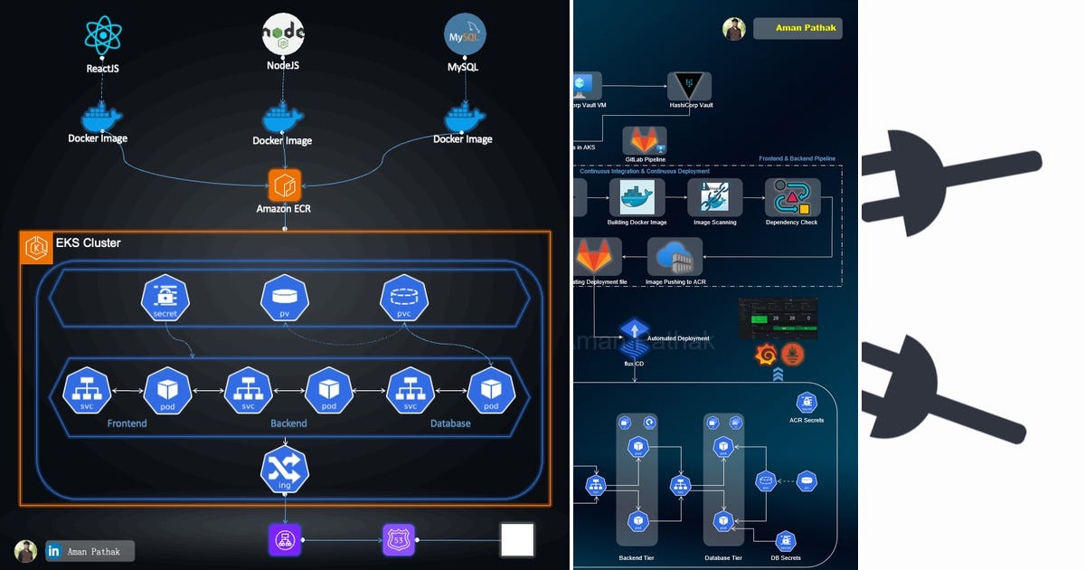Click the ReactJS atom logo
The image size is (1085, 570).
pos(102,35)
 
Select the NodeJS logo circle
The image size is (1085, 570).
pos(283,35)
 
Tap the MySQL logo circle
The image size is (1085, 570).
pos(465,33)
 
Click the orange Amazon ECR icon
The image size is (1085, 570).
pos(284,185)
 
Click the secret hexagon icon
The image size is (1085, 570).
pos(165,298)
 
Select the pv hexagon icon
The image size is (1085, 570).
pos(285,298)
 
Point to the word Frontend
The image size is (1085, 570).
pos(127,423)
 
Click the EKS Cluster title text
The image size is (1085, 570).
pos(88,242)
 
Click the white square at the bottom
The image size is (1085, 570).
pos(517,540)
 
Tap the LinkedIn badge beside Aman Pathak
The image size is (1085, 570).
pos(53,551)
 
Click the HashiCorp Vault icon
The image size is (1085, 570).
pos(690,86)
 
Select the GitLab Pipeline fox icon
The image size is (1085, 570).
pos(645,141)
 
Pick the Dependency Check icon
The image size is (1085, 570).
pos(792,197)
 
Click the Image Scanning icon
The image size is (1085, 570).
pos(714,197)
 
